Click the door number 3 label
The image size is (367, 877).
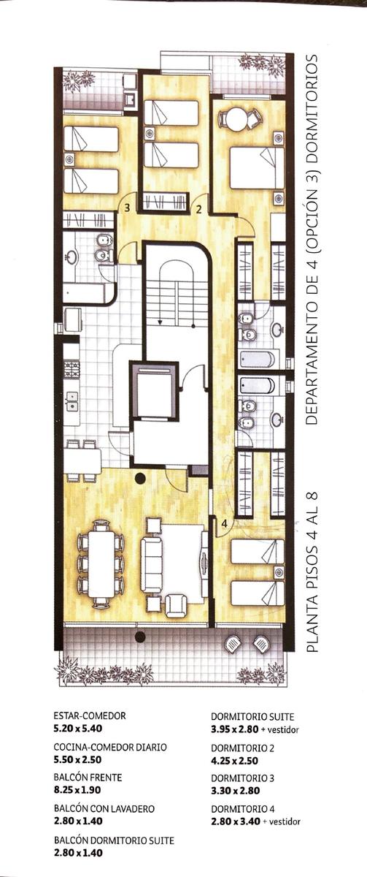(x=127, y=207)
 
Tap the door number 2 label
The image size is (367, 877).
(x=198, y=210)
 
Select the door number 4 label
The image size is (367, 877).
(x=224, y=523)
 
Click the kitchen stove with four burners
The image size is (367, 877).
(x=72, y=370)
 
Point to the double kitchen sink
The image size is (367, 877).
(x=73, y=401)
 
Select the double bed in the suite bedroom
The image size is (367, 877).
(x=257, y=167)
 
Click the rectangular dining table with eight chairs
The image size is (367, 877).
(x=101, y=564)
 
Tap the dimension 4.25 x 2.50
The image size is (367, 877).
(x=234, y=761)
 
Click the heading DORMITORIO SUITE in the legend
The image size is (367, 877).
(x=252, y=716)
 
